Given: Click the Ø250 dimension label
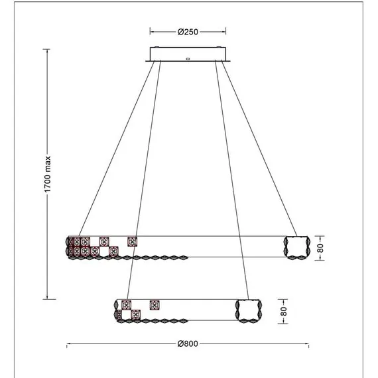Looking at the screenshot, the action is [188, 32].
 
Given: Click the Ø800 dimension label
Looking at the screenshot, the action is [188, 344].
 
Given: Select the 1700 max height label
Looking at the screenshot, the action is [48, 174].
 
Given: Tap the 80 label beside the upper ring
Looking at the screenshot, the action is [320, 248].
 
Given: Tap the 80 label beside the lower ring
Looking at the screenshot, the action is [284, 312].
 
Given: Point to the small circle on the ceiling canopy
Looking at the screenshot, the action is [188, 58].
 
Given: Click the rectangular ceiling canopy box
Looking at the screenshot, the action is [188, 54].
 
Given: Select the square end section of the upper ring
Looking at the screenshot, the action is [297, 247].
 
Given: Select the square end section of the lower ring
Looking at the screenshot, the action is [249, 311].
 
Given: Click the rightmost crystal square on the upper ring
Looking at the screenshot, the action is [133, 242].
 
